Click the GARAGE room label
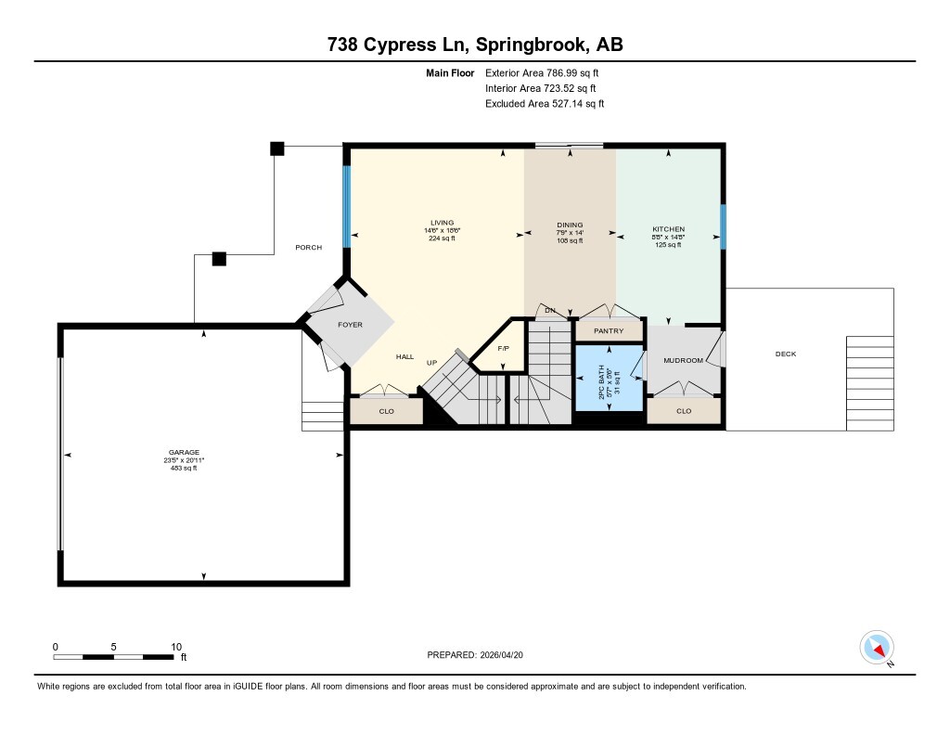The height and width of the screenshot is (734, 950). pos(183,452)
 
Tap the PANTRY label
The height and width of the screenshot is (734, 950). pos(609,331)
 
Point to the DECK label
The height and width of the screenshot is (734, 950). pos(786,354)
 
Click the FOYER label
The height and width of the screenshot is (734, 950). pos(350,325)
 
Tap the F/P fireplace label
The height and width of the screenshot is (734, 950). pos(504,348)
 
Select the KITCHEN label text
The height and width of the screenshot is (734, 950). pos(668,229)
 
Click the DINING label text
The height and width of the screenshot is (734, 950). pos(570,225)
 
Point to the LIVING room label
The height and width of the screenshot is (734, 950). pos(442,223)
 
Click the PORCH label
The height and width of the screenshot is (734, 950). pos(308,248)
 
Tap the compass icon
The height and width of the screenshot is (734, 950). pos(876,646)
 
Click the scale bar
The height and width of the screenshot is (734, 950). pos(113,657)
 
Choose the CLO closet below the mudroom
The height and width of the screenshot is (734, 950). pos(684,410)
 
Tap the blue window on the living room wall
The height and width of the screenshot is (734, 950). pos(347,206)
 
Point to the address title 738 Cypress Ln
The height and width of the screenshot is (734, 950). pos(474,45)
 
